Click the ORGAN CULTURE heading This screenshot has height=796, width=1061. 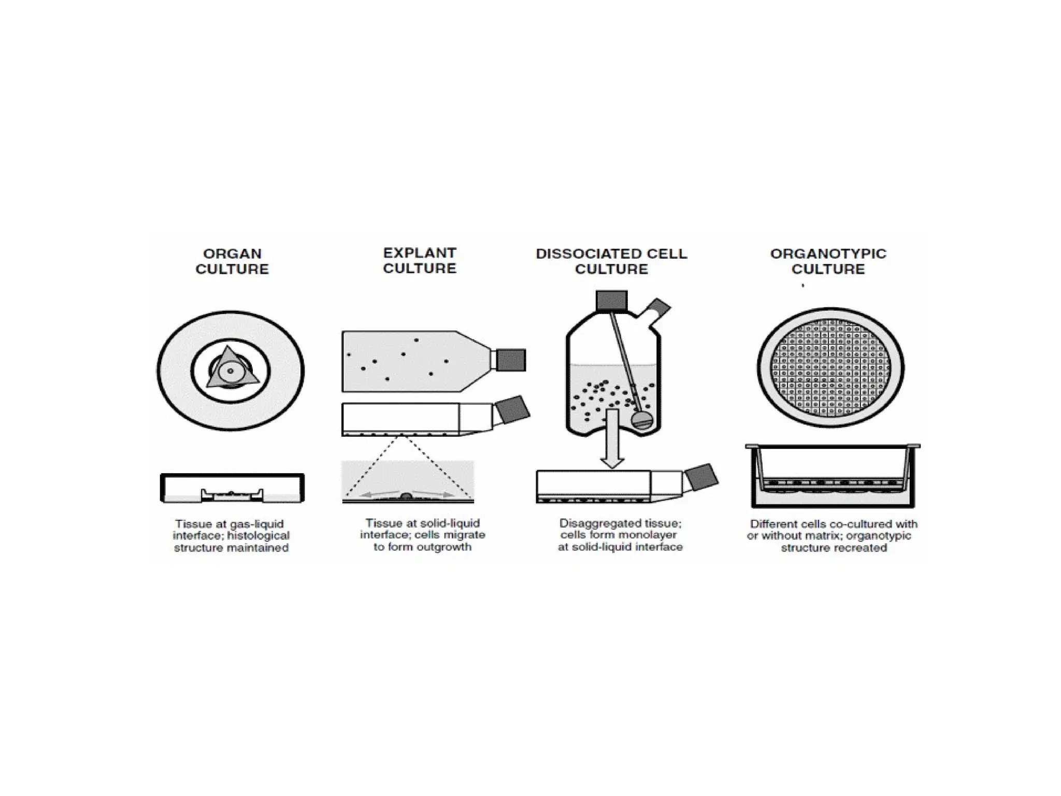pos(232,261)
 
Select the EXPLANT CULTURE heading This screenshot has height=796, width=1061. pos(420,260)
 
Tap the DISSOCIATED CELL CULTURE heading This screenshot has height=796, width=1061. pos(611,261)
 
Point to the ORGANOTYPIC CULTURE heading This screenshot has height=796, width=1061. pos(828,261)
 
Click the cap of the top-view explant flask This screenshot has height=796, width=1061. pos(511,360)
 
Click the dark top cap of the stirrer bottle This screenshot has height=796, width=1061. pos(611,301)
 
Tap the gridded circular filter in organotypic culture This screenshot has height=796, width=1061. pos(830,367)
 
